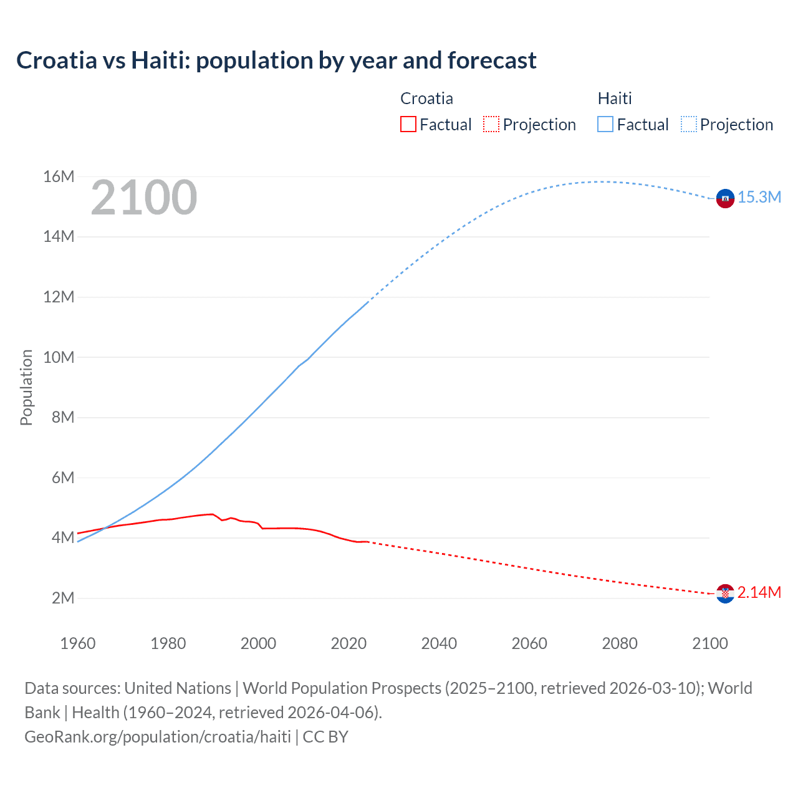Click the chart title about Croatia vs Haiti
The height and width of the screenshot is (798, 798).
point(276,60)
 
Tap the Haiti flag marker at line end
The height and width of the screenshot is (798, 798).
point(725,198)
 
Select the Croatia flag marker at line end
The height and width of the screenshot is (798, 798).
point(725,594)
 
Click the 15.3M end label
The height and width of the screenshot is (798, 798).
point(759,198)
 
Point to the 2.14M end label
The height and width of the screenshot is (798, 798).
point(759,593)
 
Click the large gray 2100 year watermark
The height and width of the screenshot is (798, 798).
point(144,198)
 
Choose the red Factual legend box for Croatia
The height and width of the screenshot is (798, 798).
point(408,125)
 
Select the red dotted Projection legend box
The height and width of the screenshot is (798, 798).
point(491,125)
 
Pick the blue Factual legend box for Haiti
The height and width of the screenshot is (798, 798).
point(605,125)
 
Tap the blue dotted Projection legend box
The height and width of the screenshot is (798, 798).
point(689,125)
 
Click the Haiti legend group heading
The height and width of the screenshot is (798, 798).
point(615,99)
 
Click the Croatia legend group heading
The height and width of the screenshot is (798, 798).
point(426,99)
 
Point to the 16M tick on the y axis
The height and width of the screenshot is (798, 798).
point(59,177)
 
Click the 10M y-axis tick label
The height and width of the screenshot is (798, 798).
point(59,358)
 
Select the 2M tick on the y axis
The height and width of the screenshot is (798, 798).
point(63,598)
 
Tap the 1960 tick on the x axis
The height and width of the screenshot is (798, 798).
point(78,643)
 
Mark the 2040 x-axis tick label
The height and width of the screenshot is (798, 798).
point(439,643)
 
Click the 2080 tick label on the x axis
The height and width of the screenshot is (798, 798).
point(620,643)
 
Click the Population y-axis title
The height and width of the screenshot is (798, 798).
point(26,387)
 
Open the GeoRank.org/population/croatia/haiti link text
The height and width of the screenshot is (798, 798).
point(158,737)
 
